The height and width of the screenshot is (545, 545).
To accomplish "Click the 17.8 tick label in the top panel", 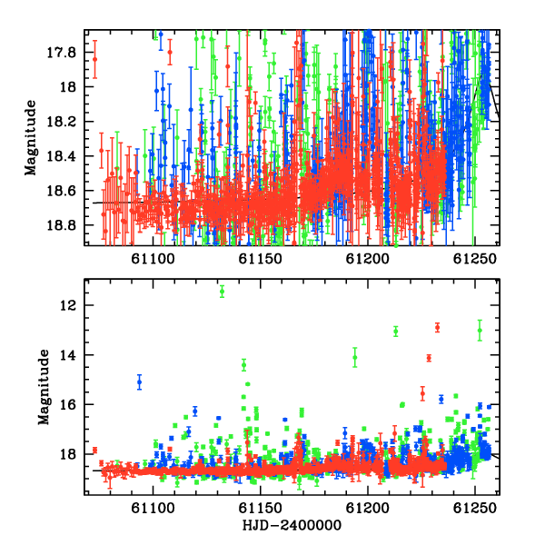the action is [61, 53].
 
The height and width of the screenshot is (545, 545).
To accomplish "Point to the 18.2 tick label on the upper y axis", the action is [61, 122].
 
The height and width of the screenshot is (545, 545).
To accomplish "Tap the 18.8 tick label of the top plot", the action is [61, 225].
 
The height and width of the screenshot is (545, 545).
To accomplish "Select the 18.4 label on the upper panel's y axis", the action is [61, 156].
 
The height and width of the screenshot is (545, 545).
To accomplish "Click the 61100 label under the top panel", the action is [153, 259].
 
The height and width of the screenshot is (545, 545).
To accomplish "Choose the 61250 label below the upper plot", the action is [475, 259].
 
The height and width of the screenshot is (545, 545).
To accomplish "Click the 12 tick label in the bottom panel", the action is [68, 305].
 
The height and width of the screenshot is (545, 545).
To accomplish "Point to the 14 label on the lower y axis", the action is [68, 355].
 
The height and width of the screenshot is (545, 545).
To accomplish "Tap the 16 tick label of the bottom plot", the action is [68, 405].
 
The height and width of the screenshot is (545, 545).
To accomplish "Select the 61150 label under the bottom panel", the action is [260, 509].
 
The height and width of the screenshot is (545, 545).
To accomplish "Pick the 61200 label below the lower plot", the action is [367, 509].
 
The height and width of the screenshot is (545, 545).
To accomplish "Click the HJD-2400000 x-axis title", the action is [292, 525].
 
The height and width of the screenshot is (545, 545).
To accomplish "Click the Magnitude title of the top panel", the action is [31, 138].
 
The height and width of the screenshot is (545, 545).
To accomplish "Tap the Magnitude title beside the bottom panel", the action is [44, 387].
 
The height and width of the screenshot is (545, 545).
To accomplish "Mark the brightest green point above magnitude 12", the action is [223, 292].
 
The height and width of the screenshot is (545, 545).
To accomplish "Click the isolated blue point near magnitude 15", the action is [139, 382].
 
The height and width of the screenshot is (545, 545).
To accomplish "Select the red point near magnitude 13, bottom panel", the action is [438, 327].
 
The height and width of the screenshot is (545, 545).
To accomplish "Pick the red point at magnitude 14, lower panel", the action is [429, 358].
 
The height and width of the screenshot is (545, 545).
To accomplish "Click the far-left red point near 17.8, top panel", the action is [94, 59].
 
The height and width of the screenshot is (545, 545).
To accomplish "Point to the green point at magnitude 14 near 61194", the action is [355, 357].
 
